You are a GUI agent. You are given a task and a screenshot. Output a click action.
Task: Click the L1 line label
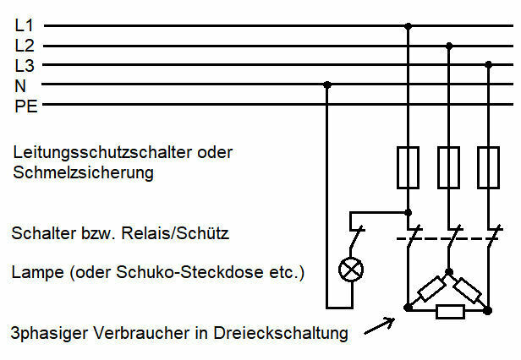tap(24, 25)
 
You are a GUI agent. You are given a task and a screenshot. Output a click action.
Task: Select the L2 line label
tap(25, 46)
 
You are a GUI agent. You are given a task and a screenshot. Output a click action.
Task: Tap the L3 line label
tap(25, 65)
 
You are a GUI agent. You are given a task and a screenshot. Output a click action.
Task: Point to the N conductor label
tap(20, 86)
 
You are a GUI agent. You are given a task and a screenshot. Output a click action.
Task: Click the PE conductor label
tap(26, 106)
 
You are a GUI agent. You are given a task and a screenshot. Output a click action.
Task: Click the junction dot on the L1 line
tap(409, 26)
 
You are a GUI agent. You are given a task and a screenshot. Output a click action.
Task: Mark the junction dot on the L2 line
tap(449, 46)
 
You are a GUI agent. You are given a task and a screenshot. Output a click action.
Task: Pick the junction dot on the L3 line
tap(489, 64)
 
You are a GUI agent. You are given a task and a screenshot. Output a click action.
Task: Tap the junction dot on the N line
tap(327, 85)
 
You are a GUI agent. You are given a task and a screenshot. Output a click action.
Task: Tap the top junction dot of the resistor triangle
tap(449, 272)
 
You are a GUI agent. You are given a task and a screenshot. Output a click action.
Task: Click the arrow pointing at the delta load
tap(380, 326)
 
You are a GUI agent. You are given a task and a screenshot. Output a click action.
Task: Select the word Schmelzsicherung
tap(84, 173)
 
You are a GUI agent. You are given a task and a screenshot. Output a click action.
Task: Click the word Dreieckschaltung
tap(281, 333)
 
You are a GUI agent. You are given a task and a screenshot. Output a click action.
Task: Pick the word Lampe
tap(38, 273)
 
